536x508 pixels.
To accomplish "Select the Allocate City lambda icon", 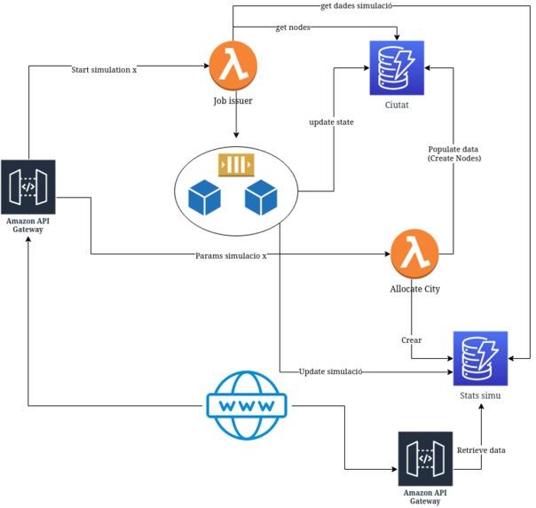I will [x=415, y=255].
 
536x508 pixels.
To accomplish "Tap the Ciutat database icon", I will [x=396, y=68].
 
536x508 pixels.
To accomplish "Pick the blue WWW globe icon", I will [x=246, y=405].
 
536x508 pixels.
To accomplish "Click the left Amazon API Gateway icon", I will [x=28, y=187].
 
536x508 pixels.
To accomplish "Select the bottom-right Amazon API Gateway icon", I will [x=425, y=459].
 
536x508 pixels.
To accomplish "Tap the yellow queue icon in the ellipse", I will [x=236, y=164].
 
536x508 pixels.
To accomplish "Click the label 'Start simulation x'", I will [x=104, y=69].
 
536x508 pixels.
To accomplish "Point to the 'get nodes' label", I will [x=294, y=27].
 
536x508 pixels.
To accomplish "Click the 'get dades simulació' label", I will [x=355, y=6].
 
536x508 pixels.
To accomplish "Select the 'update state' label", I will [x=332, y=121].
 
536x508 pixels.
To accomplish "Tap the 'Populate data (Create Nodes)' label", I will [x=453, y=153].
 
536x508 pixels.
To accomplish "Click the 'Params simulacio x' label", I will [x=231, y=255].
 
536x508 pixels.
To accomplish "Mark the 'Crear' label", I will [x=412, y=340].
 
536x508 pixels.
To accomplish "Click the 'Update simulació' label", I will [x=330, y=371].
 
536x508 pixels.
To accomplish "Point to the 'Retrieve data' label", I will [x=480, y=450].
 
